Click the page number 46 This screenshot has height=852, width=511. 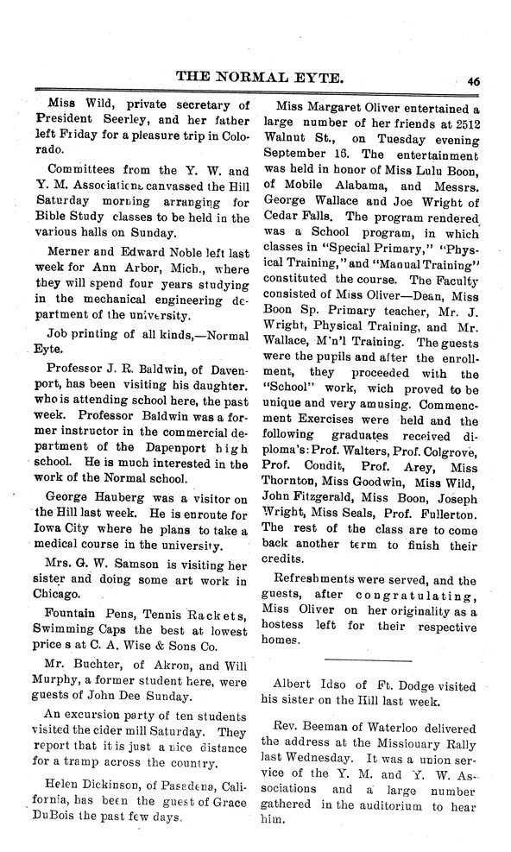[x=474, y=81]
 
